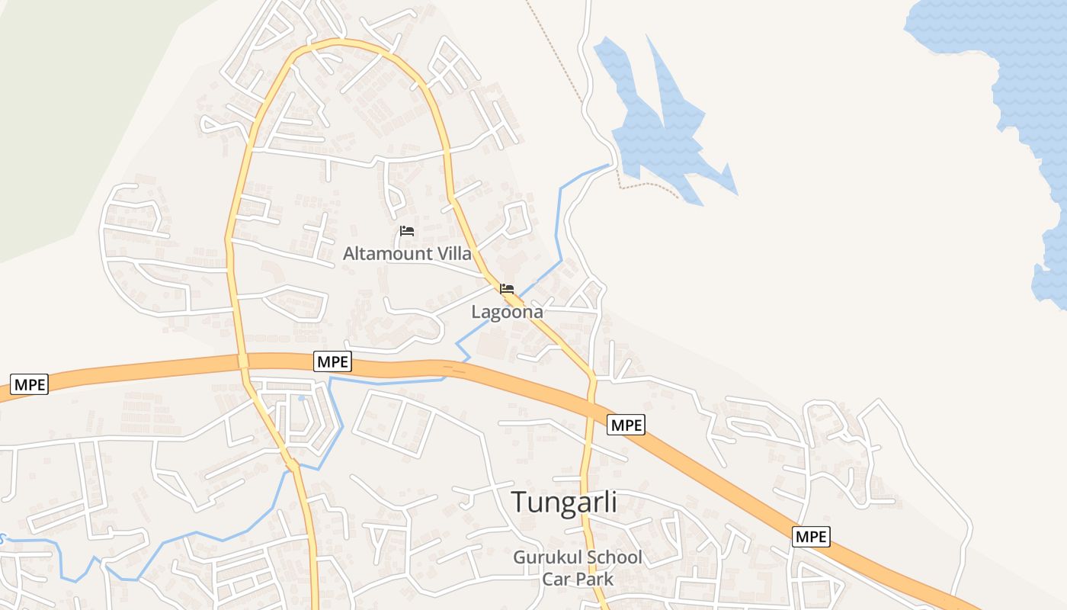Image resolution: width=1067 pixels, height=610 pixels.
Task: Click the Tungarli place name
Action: coord(563,502)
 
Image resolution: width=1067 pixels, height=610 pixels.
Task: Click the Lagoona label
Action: coord(507,311)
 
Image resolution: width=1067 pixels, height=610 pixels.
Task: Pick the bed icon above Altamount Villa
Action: coord(407,231)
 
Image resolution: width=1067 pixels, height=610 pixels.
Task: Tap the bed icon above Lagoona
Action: coord(507,289)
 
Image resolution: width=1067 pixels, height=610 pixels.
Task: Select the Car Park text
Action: coord(578,578)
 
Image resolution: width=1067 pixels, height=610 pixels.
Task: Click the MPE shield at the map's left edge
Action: coord(30,384)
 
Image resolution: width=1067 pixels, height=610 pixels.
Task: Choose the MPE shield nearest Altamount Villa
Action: coord(333,361)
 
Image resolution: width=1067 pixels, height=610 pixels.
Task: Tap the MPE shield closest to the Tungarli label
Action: coord(626,425)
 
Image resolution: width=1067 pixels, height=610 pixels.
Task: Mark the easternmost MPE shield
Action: coord(810,537)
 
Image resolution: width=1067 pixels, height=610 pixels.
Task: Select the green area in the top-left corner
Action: coord(61,114)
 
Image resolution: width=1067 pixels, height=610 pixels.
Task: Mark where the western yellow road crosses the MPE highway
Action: coord(242,361)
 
